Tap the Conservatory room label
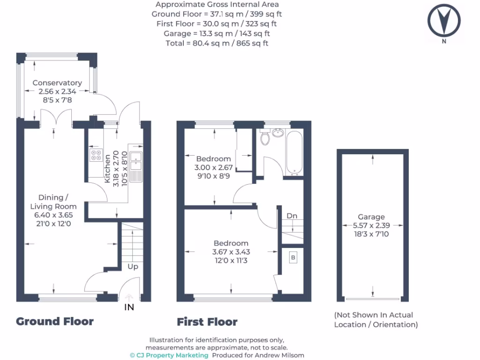point(57,83)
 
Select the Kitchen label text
point(107,169)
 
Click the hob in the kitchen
point(96,156)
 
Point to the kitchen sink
point(136,161)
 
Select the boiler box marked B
point(293,257)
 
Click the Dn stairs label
point(292,216)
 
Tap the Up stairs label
point(133,266)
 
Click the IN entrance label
point(129,307)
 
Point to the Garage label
point(371,217)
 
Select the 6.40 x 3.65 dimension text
point(53,215)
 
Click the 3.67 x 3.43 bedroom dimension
point(231,252)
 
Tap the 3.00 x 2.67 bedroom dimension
point(213,167)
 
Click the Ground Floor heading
point(55,322)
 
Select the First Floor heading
point(207,322)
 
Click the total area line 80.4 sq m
point(217,43)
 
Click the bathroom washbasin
point(278,133)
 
